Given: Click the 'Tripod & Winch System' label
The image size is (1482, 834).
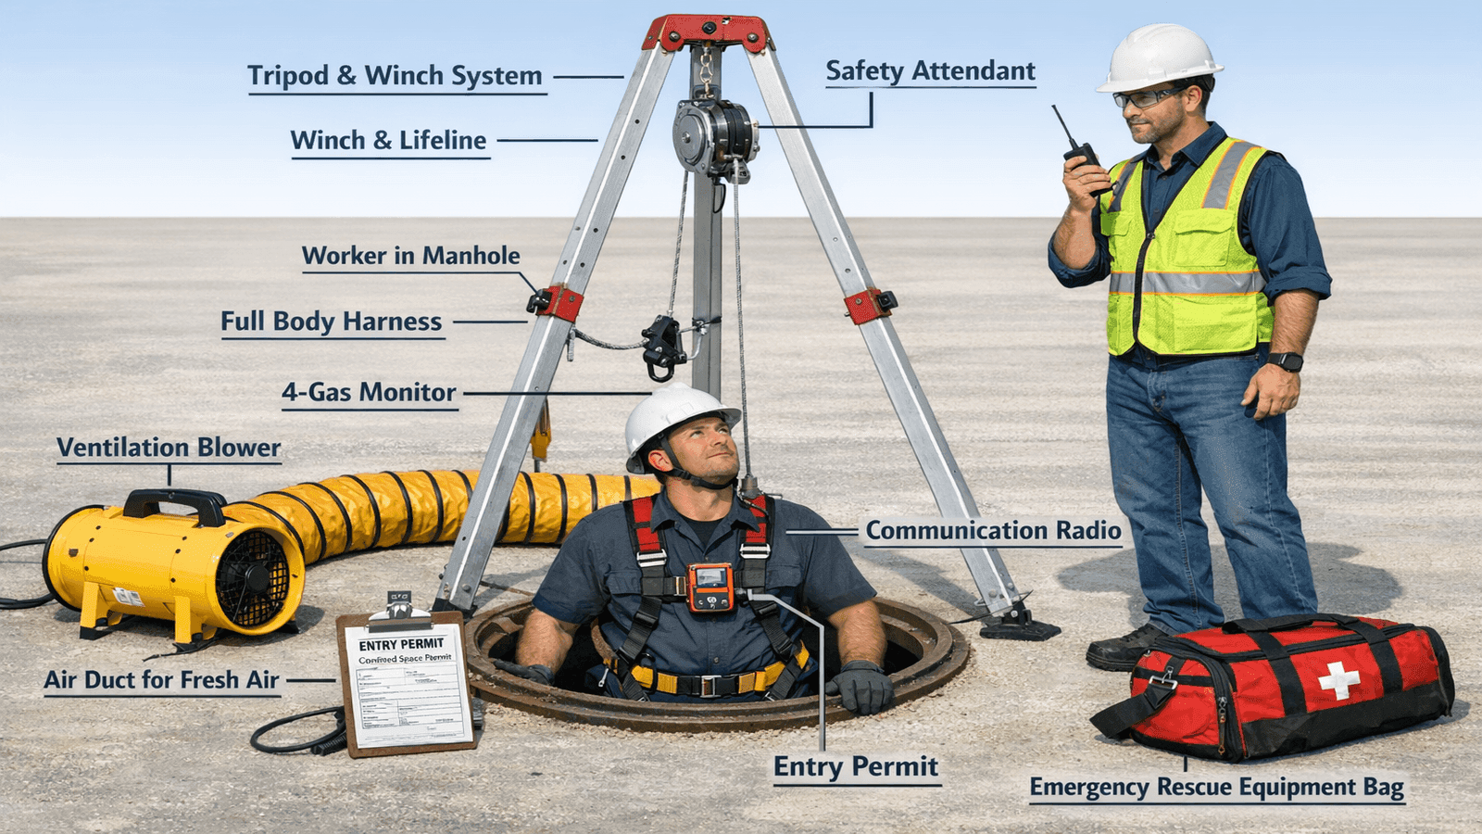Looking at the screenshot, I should [395, 76].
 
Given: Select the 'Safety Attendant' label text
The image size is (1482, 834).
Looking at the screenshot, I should [930, 71].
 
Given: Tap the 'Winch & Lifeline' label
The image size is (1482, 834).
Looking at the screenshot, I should [388, 141].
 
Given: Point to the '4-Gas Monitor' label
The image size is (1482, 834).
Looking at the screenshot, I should [369, 393].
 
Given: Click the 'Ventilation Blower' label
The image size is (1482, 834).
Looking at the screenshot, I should [169, 448].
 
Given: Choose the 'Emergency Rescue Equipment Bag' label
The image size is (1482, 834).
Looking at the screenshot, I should [1216, 788].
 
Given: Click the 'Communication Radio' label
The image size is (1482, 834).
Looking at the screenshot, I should [993, 531].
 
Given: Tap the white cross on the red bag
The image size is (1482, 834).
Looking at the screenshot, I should [1339, 680].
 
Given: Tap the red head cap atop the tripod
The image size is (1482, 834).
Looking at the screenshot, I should [708, 32].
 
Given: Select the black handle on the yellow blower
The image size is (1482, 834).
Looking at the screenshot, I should [175, 503].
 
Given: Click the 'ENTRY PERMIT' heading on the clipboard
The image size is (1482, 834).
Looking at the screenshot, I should [401, 644].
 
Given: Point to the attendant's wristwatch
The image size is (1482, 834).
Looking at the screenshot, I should [1286, 361].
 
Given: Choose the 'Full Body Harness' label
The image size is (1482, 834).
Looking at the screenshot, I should [331, 322].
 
